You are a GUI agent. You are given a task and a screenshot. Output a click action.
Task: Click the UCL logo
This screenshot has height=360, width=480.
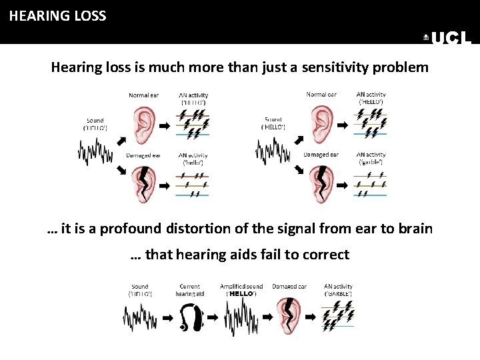coord(447,39)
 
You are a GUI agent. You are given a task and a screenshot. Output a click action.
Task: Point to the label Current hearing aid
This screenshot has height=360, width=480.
coord(190,290)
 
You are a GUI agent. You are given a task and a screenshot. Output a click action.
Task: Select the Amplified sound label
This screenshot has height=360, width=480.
coord(241,287)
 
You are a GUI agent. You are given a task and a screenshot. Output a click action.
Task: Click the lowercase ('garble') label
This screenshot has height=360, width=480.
coord(372,162)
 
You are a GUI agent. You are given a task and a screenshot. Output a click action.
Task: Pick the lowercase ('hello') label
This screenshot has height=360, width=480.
coord(193,162)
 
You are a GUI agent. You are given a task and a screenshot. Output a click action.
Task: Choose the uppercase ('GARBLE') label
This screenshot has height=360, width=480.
coord(338,293)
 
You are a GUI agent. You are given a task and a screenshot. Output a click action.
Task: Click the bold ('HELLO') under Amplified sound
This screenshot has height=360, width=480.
coord(241,293)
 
